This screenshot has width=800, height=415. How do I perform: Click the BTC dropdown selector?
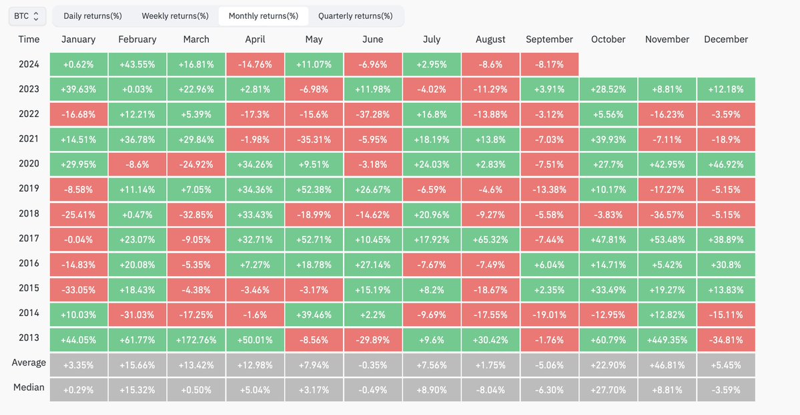point(27,15)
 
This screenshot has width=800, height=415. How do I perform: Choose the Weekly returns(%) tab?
point(175,15)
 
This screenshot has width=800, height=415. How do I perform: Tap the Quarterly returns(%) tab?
point(355,15)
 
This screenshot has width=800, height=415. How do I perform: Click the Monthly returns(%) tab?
point(263,15)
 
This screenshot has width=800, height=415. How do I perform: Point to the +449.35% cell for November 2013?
point(667,339)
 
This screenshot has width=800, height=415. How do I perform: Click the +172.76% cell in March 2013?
point(196,339)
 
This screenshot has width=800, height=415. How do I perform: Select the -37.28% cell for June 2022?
point(373,114)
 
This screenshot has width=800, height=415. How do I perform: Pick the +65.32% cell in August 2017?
point(490,239)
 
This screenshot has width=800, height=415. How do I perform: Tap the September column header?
point(549,39)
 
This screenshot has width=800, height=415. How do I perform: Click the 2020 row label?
point(29,164)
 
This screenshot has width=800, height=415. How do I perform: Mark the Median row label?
point(29,388)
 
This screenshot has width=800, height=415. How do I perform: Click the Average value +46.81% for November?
point(667,365)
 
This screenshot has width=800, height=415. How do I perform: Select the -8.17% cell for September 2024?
point(549,65)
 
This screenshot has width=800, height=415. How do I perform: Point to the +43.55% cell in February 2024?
point(137,65)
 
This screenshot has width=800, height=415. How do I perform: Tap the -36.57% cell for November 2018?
point(667,215)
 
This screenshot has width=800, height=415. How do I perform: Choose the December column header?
point(726,39)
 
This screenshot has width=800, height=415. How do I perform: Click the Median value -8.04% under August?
point(490,390)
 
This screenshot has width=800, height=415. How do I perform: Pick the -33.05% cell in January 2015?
point(79,289)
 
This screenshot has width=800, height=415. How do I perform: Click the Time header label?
point(29,39)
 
